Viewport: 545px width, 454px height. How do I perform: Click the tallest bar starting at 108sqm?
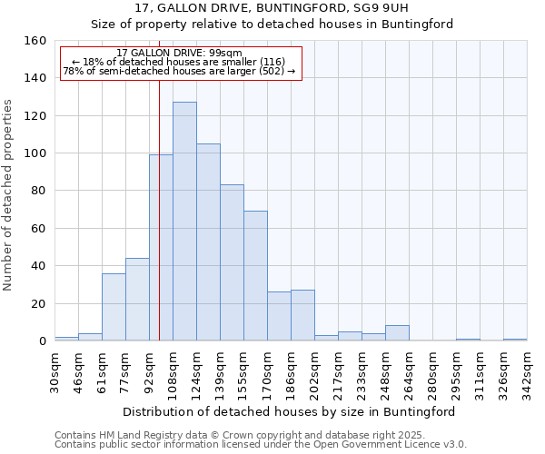coord(184,222)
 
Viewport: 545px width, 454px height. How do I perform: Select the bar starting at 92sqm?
coord(161,248)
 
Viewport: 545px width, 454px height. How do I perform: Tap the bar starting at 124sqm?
coord(208,242)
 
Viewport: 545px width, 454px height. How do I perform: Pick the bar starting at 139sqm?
coord(232,263)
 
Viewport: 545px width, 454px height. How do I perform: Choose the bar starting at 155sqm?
coord(255,276)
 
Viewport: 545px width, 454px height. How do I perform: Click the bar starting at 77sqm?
coord(137,300)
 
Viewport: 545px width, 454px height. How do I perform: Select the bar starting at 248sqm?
coord(397,333)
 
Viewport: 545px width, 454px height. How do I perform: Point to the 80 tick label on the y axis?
coord(38,191)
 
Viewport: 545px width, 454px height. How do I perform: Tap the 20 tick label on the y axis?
coord(38,303)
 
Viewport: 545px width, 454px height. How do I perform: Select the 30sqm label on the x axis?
coord(54,371)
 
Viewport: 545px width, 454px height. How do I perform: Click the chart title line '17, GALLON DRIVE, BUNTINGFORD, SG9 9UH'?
coord(272,8)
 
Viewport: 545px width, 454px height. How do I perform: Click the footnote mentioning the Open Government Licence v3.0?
coord(261,445)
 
